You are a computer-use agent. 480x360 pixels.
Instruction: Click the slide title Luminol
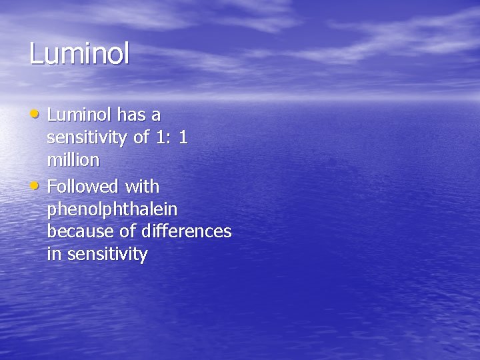(x=79, y=54)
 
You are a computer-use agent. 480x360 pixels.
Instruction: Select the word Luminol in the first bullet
(x=79, y=115)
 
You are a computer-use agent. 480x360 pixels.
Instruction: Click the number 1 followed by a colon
(x=157, y=138)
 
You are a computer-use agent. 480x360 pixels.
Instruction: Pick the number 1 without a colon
(x=183, y=138)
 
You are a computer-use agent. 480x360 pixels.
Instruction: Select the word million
(x=73, y=161)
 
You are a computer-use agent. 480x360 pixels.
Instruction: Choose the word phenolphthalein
(x=112, y=209)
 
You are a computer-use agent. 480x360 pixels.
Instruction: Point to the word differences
(x=187, y=232)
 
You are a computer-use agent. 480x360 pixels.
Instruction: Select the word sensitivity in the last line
(x=107, y=254)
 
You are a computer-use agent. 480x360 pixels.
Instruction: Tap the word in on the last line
(x=53, y=254)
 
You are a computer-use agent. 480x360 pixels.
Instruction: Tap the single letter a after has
(x=155, y=115)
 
